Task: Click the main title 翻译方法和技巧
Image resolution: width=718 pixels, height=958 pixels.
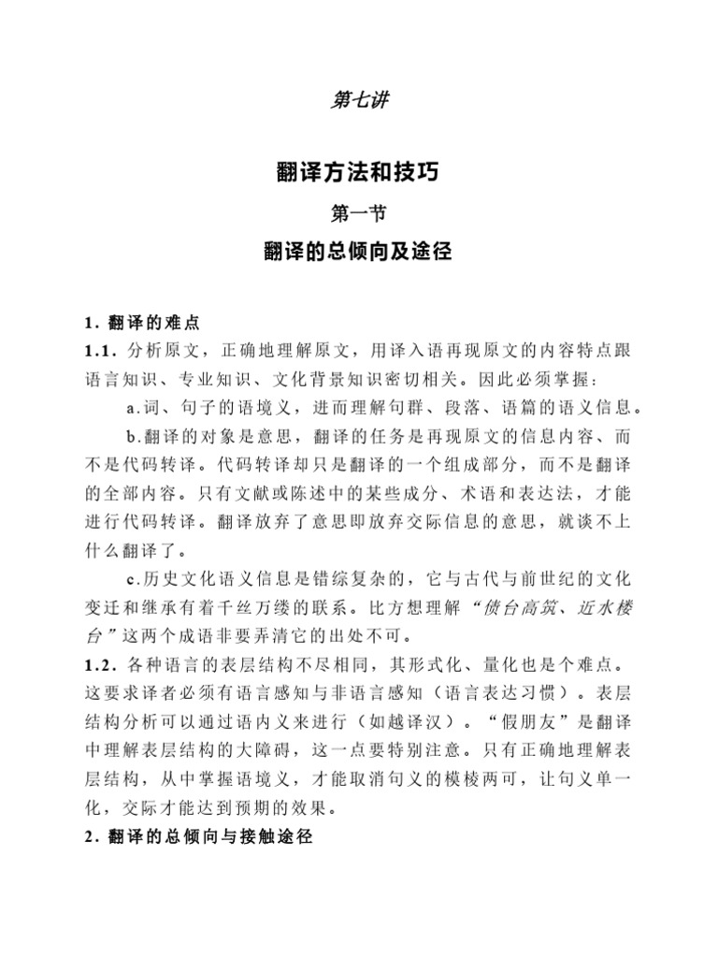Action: click(359, 174)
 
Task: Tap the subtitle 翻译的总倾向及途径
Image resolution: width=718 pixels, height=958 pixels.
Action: click(359, 253)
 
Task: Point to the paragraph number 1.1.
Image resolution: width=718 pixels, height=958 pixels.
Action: click(97, 351)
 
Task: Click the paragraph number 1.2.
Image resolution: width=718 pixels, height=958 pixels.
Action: click(97, 665)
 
